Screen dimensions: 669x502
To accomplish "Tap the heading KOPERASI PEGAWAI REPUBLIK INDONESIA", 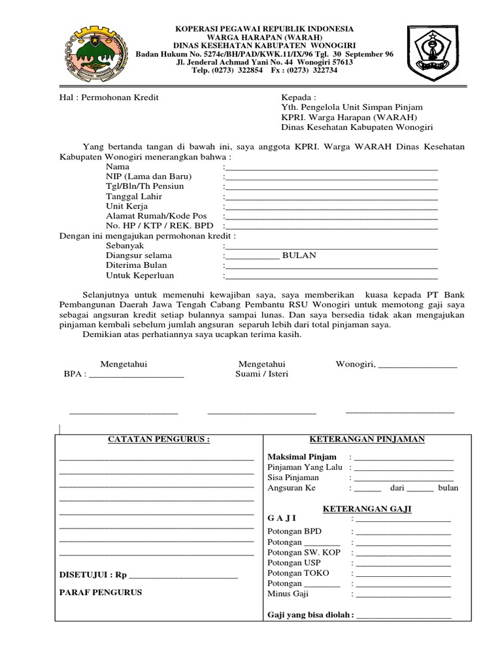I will pyautogui.click(x=264, y=29).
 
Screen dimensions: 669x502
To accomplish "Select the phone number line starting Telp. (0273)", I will pyautogui.click(x=264, y=71).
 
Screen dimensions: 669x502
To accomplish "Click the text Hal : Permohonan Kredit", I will pyautogui.click(x=109, y=97).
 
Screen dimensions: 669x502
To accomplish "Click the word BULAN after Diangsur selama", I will pyautogui.click(x=299, y=255).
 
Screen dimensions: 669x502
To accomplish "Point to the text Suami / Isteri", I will pyautogui.click(x=261, y=374).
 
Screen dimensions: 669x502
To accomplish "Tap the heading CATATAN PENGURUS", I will pyautogui.click(x=159, y=440).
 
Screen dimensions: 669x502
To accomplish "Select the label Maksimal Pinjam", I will pyautogui.click(x=302, y=457).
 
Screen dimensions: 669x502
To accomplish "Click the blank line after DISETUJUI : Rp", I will pyautogui.click(x=184, y=576).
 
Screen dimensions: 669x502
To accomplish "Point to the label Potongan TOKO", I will pyautogui.click(x=298, y=572).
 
